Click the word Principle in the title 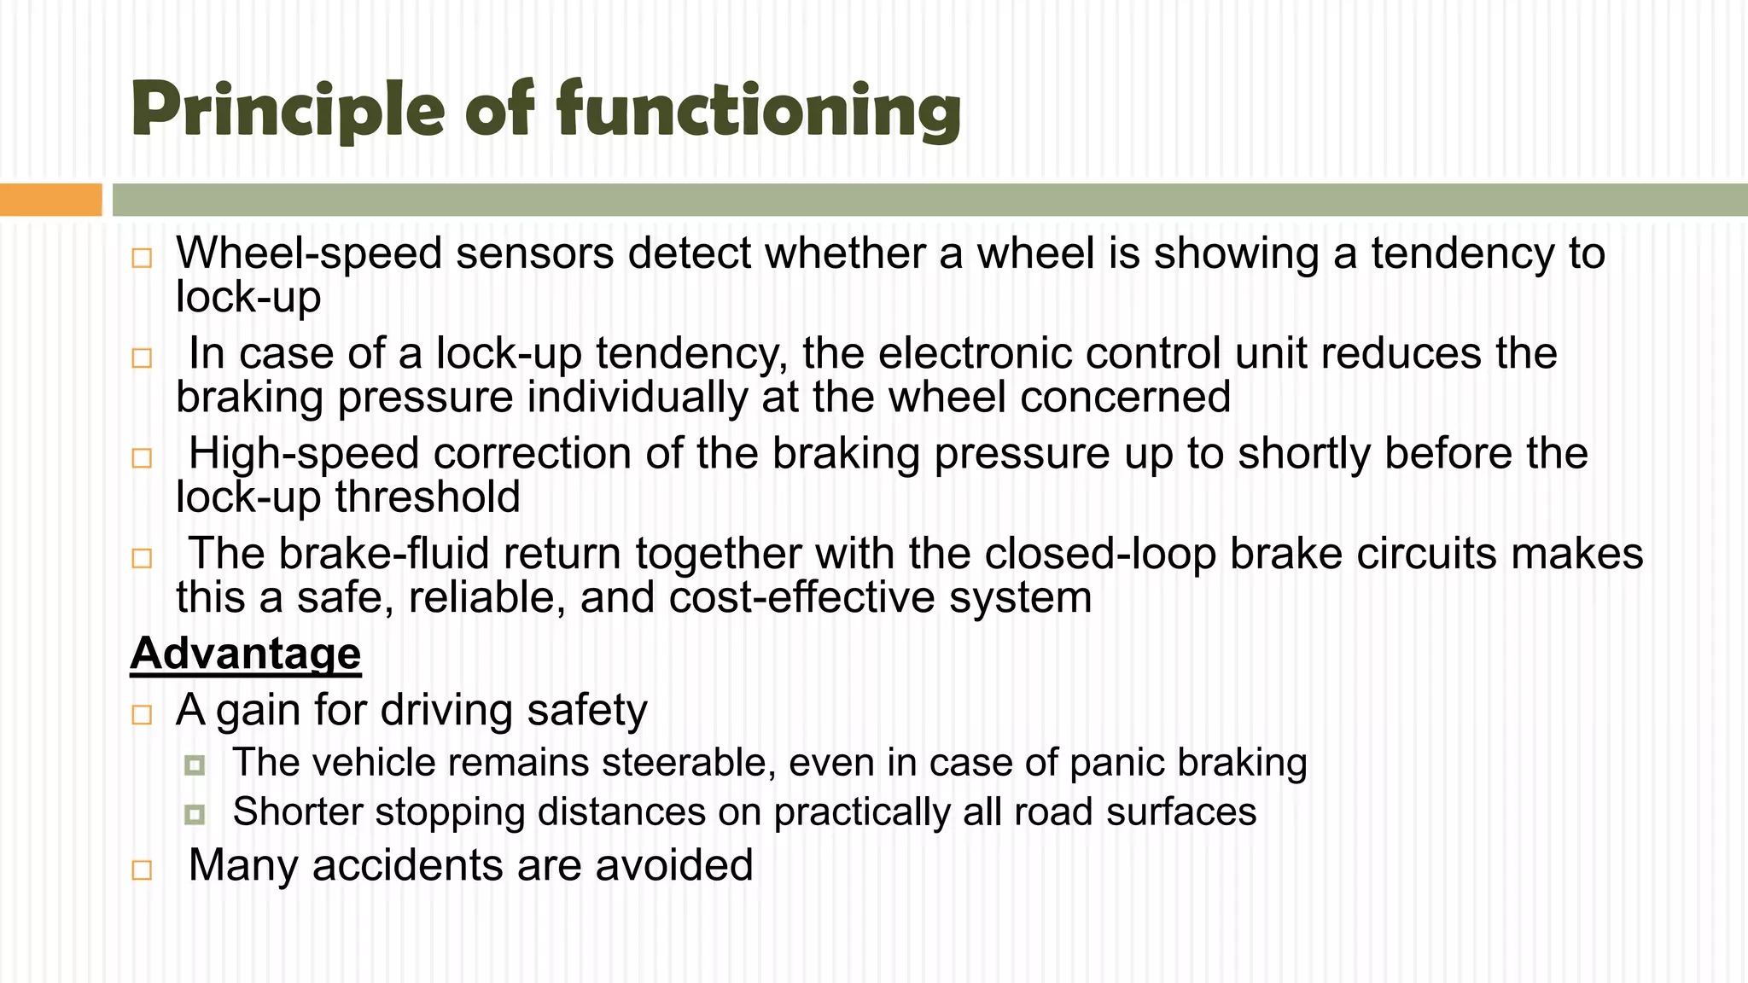[x=288, y=111]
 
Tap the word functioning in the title [x=759, y=111]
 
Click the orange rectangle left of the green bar [x=50, y=200]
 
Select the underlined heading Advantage [x=246, y=654]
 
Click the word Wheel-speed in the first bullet [x=309, y=253]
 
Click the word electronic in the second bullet [x=965, y=353]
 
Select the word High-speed [x=304, y=453]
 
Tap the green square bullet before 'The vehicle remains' [x=195, y=765]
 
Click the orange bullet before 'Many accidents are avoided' [x=142, y=870]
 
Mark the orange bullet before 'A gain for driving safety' [x=142, y=714]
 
